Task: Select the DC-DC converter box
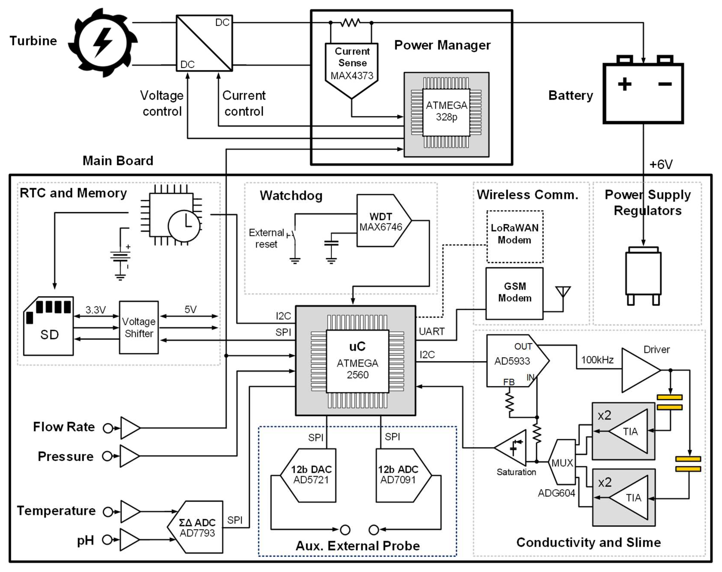coord(204,43)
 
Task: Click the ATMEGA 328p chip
coord(446,112)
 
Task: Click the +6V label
coord(661,164)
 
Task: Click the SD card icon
coord(49,326)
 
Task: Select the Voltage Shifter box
coord(139,328)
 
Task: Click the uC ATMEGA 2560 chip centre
coord(357,361)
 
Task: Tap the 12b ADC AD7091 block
coord(400,475)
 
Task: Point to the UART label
coord(432,331)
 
